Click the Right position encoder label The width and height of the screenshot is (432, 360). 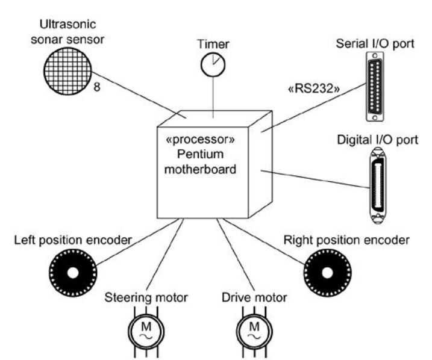pyautogui.click(x=346, y=240)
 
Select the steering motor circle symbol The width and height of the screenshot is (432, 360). pyautogui.click(x=143, y=331)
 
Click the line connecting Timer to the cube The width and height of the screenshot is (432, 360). pyautogui.click(x=213, y=96)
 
